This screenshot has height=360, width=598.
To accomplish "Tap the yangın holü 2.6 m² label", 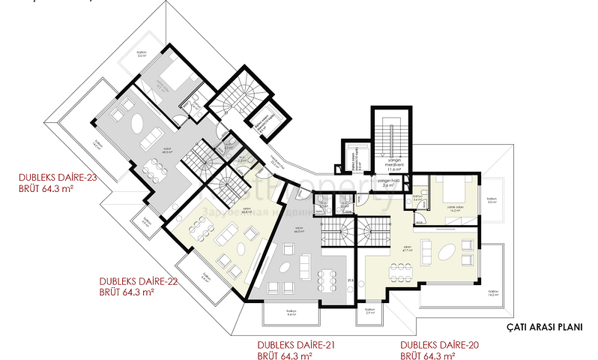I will click(x=386, y=183).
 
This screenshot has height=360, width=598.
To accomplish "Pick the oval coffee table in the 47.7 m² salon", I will click(x=447, y=250).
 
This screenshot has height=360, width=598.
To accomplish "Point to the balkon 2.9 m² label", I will click(x=369, y=310).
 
